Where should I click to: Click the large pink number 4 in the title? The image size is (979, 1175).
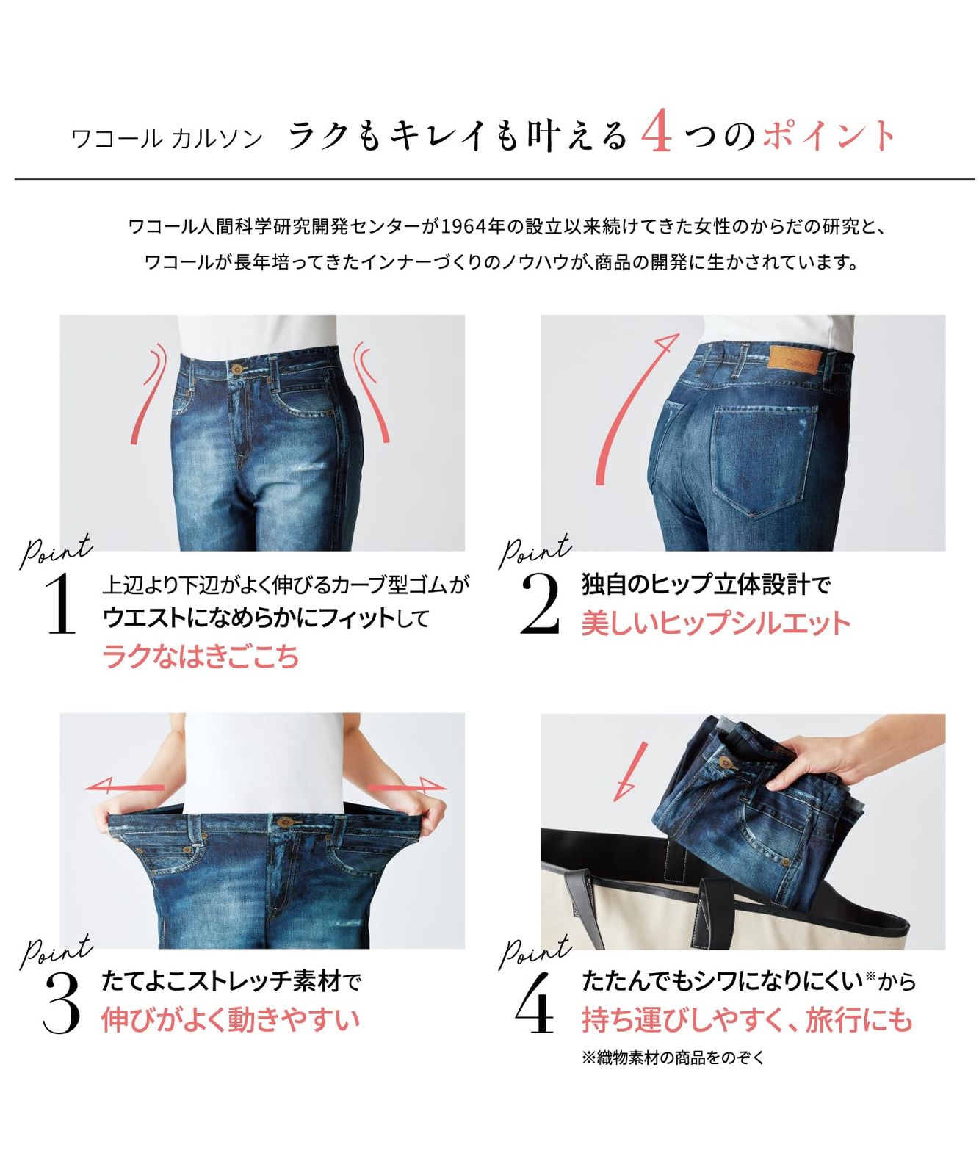(x=657, y=134)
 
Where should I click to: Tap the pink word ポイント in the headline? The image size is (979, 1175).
(x=829, y=136)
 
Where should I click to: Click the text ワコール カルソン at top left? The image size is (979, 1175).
(x=167, y=139)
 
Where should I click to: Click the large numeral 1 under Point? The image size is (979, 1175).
(x=61, y=604)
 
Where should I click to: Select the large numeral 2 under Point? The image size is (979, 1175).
(x=540, y=604)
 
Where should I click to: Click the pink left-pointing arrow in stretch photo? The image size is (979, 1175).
(x=125, y=787)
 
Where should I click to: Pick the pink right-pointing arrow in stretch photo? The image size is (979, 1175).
(x=406, y=788)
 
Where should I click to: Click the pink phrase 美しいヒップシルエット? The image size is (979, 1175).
(x=715, y=623)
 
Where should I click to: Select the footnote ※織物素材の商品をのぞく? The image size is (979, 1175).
(x=673, y=1057)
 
